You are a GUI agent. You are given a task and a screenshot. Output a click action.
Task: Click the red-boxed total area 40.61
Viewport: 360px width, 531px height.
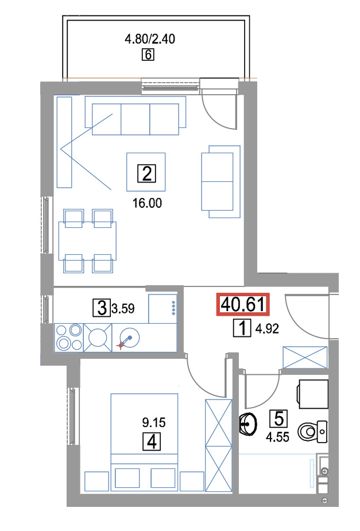tap(243, 304)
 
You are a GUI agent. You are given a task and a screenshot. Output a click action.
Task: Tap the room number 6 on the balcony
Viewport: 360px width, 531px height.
tap(148, 55)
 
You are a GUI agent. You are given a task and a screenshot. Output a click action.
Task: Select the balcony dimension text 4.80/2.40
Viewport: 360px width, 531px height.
tap(150, 39)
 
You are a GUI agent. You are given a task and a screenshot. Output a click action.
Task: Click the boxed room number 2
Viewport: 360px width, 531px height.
tap(146, 173)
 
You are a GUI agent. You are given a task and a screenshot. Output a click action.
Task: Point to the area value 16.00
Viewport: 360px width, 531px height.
tap(147, 203)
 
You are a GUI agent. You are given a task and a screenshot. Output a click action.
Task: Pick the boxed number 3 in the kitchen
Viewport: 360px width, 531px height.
tap(102, 308)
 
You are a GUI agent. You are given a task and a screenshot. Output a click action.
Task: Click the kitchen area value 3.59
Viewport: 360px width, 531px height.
tap(123, 308)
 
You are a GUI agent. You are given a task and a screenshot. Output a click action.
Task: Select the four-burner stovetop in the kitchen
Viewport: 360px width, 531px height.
tap(69, 338)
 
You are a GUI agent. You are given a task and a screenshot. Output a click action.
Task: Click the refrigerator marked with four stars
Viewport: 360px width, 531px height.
tap(162, 308)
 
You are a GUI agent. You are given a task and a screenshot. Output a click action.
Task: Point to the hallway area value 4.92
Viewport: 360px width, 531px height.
tap(267, 328)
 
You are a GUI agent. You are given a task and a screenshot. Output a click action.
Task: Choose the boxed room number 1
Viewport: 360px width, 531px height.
tap(242, 328)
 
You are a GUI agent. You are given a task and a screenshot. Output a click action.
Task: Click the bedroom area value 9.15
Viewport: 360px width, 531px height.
tap(154, 423)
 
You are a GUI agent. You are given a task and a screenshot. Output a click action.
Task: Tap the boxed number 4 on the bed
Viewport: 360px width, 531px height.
tap(152, 441)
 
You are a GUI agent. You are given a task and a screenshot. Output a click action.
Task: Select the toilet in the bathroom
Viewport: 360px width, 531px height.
tap(312, 432)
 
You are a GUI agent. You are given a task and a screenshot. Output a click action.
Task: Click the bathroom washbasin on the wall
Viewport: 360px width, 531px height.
tap(248, 424)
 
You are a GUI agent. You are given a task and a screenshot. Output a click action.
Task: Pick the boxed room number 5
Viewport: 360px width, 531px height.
tap(278, 418)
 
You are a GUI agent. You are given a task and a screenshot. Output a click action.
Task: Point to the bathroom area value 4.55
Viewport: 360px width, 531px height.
tap(277, 437)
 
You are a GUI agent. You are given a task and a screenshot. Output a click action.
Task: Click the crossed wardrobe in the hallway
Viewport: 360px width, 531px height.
tap(305, 357)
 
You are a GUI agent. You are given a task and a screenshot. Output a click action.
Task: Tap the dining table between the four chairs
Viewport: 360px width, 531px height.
tap(87, 241)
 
